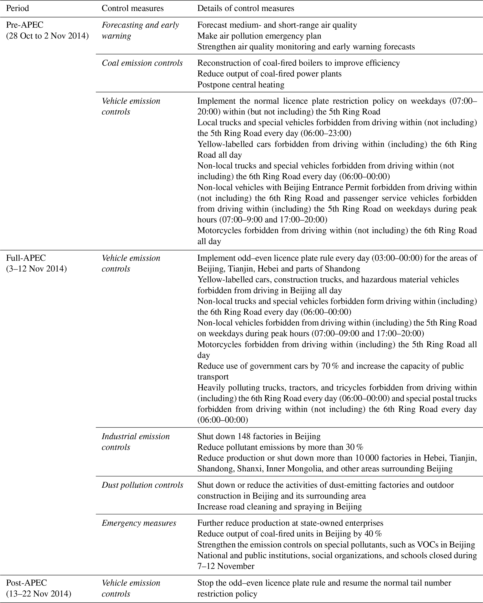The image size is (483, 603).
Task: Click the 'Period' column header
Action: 17,8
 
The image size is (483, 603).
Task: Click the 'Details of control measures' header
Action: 246,8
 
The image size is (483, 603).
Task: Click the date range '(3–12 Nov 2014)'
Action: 36,269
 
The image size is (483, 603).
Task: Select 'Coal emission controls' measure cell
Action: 142,63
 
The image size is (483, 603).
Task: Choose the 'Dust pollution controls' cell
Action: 143,485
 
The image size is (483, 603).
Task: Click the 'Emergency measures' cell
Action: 139,523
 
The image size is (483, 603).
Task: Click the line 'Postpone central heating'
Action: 241,85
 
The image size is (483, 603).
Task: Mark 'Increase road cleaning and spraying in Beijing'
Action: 279,507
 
